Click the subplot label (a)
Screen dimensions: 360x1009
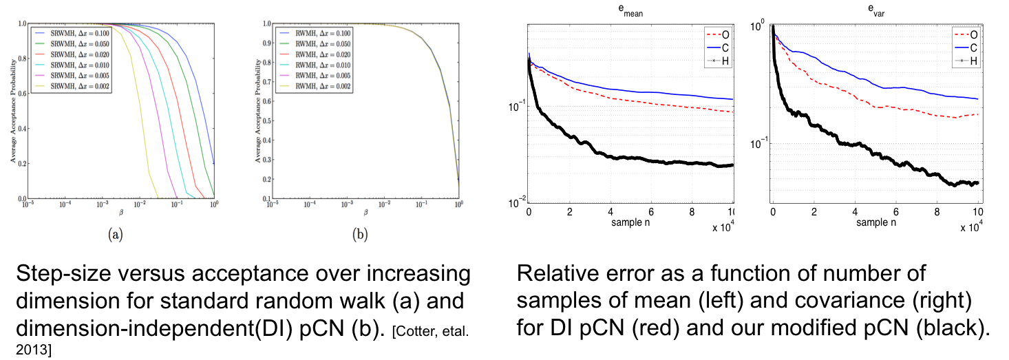point(116,235)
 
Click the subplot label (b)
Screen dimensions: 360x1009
point(359,235)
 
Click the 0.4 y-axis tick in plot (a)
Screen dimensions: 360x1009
point(21,128)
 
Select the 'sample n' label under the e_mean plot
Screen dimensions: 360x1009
point(630,222)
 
